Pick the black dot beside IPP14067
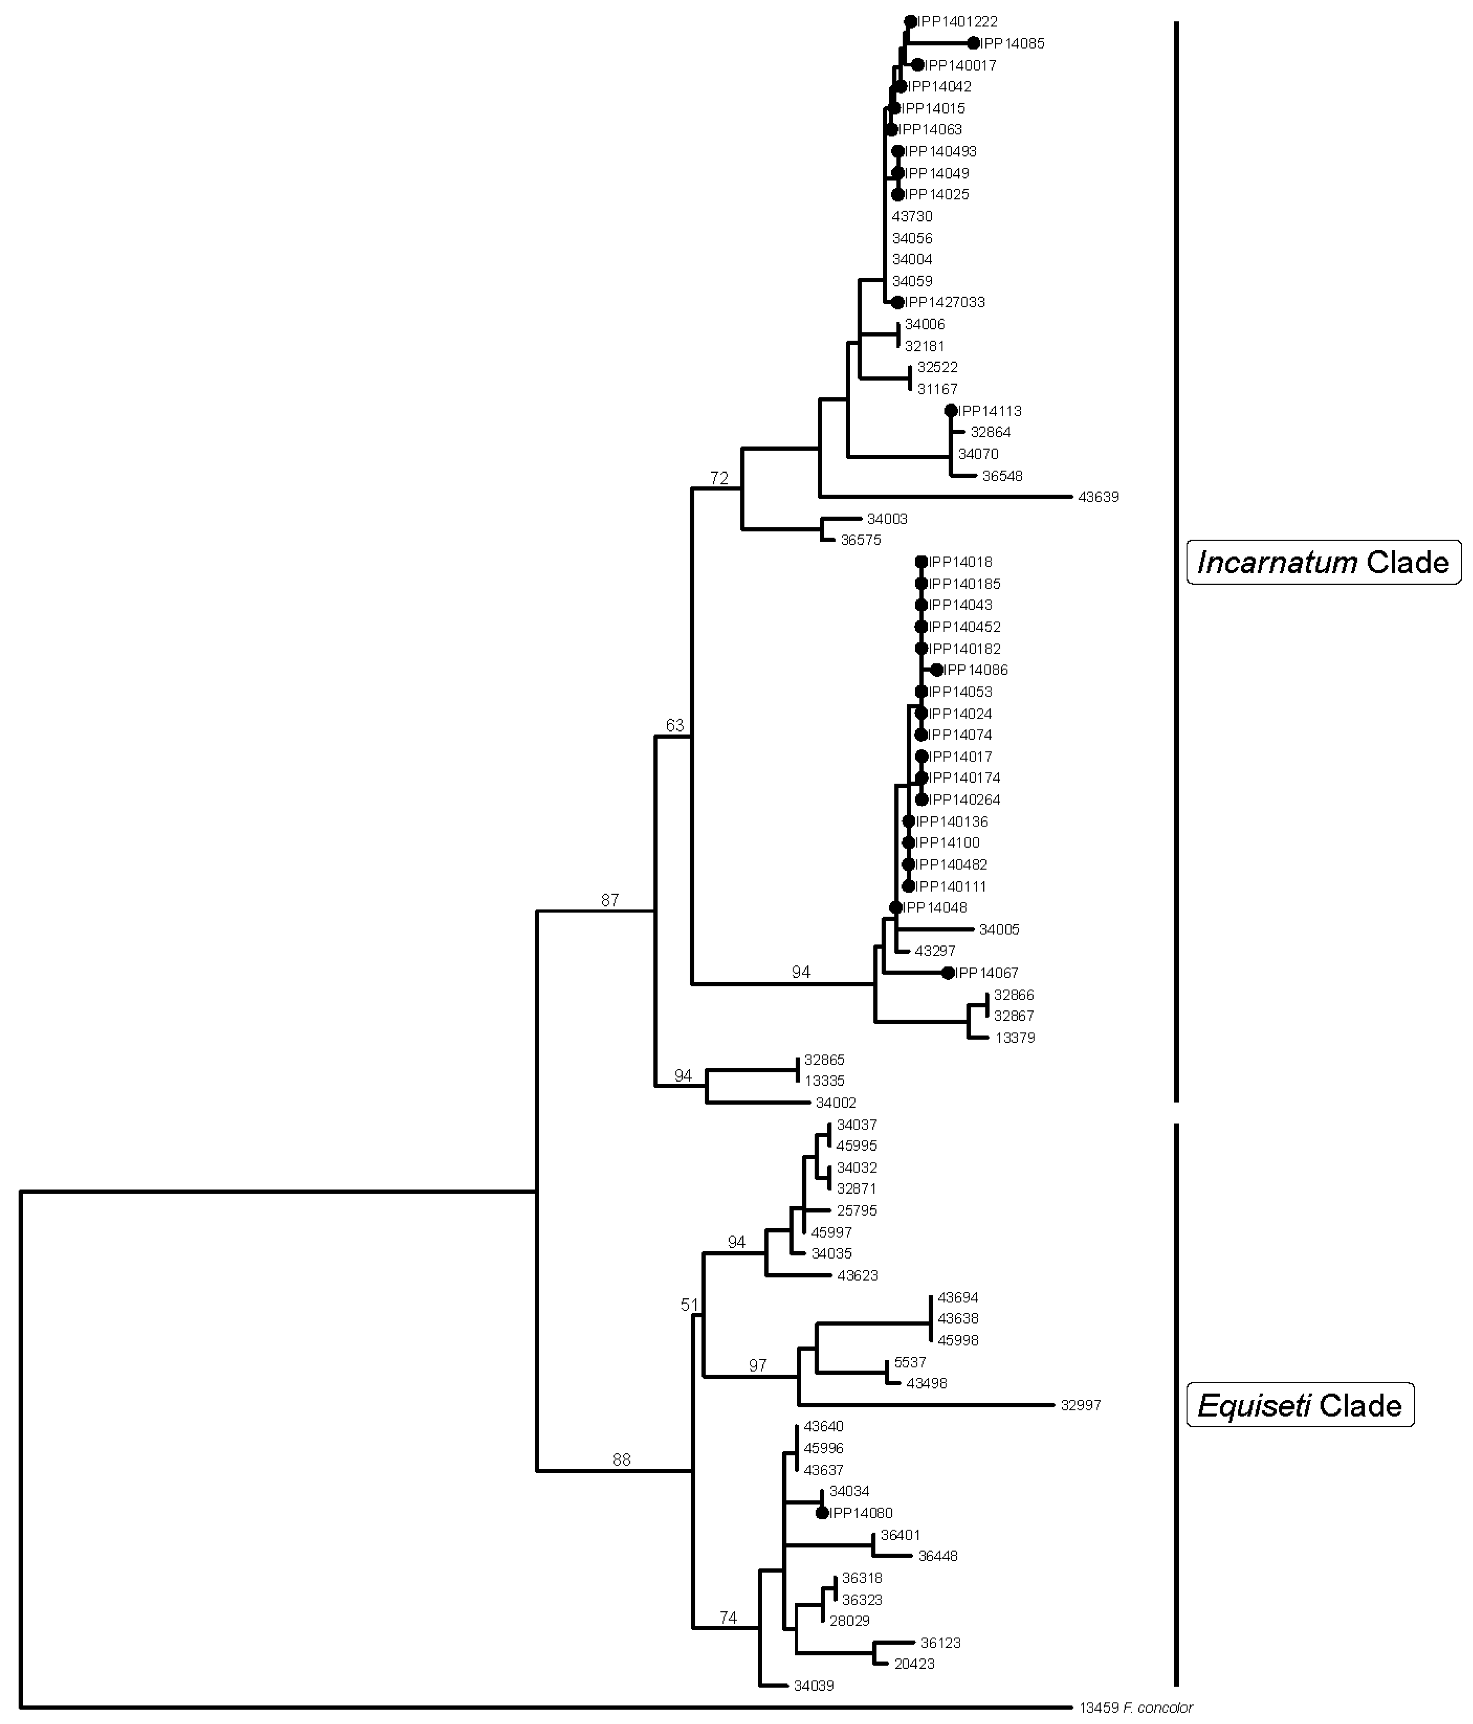point(947,973)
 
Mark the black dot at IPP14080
point(822,1513)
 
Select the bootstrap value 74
point(728,1618)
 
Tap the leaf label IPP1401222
point(957,22)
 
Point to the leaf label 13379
point(1015,1037)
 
